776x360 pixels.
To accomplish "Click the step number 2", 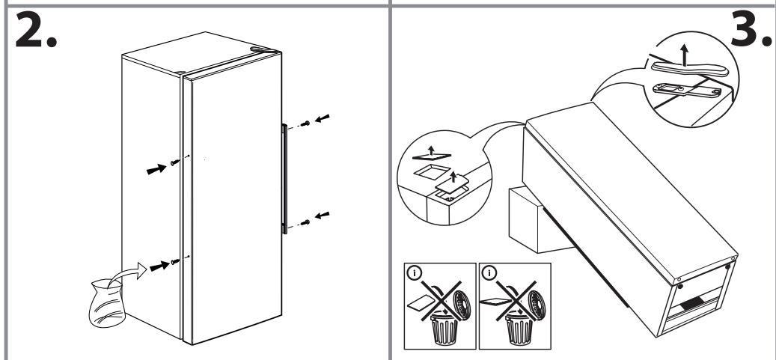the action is coord(36,30).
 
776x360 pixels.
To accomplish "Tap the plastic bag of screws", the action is coord(106,302).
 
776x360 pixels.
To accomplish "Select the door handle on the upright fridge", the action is coord(284,179).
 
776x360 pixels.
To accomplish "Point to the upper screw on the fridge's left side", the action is coord(174,162).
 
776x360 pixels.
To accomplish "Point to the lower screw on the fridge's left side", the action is coord(174,261).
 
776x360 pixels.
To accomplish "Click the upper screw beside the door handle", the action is coord(306,123).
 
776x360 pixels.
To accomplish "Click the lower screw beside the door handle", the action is coord(306,222).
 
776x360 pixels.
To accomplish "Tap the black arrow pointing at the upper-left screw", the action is coord(156,169).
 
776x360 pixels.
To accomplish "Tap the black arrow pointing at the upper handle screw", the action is coord(323,118).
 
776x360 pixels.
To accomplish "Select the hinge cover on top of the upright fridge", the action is coord(265,49).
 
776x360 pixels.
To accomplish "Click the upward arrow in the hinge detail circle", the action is coord(684,55).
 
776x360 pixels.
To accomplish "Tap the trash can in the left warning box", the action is coord(444,327).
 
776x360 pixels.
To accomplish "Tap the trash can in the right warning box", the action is coord(519,327).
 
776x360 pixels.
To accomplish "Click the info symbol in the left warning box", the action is coord(415,273).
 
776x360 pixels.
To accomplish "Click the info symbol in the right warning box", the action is coord(489,273).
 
